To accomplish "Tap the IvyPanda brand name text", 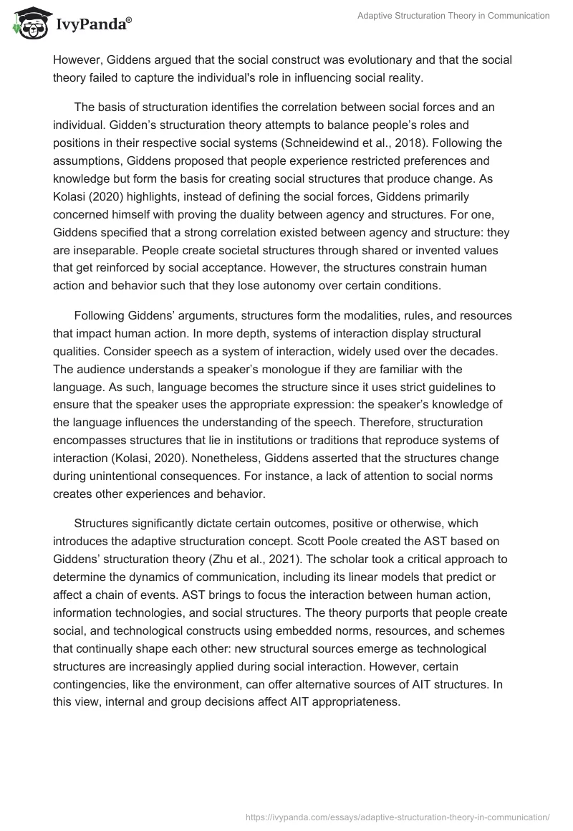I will coord(91,26).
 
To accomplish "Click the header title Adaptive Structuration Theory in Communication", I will coord(453,16).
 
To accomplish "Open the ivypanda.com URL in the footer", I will coord(398,816).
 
